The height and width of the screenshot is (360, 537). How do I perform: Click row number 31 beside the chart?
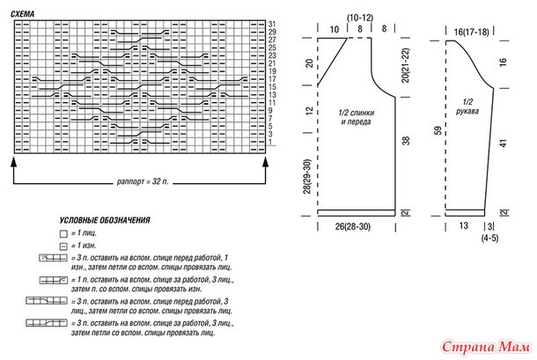273,23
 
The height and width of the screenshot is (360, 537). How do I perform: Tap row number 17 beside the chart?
273,80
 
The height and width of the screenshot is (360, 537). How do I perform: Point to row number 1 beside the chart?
271,143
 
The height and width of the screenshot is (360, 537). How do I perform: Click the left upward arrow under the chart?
15,163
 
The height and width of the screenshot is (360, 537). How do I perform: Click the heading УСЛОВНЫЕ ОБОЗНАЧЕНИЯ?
105,218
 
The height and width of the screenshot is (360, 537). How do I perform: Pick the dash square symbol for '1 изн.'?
63,247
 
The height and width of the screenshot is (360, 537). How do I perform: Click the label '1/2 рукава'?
467,109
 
